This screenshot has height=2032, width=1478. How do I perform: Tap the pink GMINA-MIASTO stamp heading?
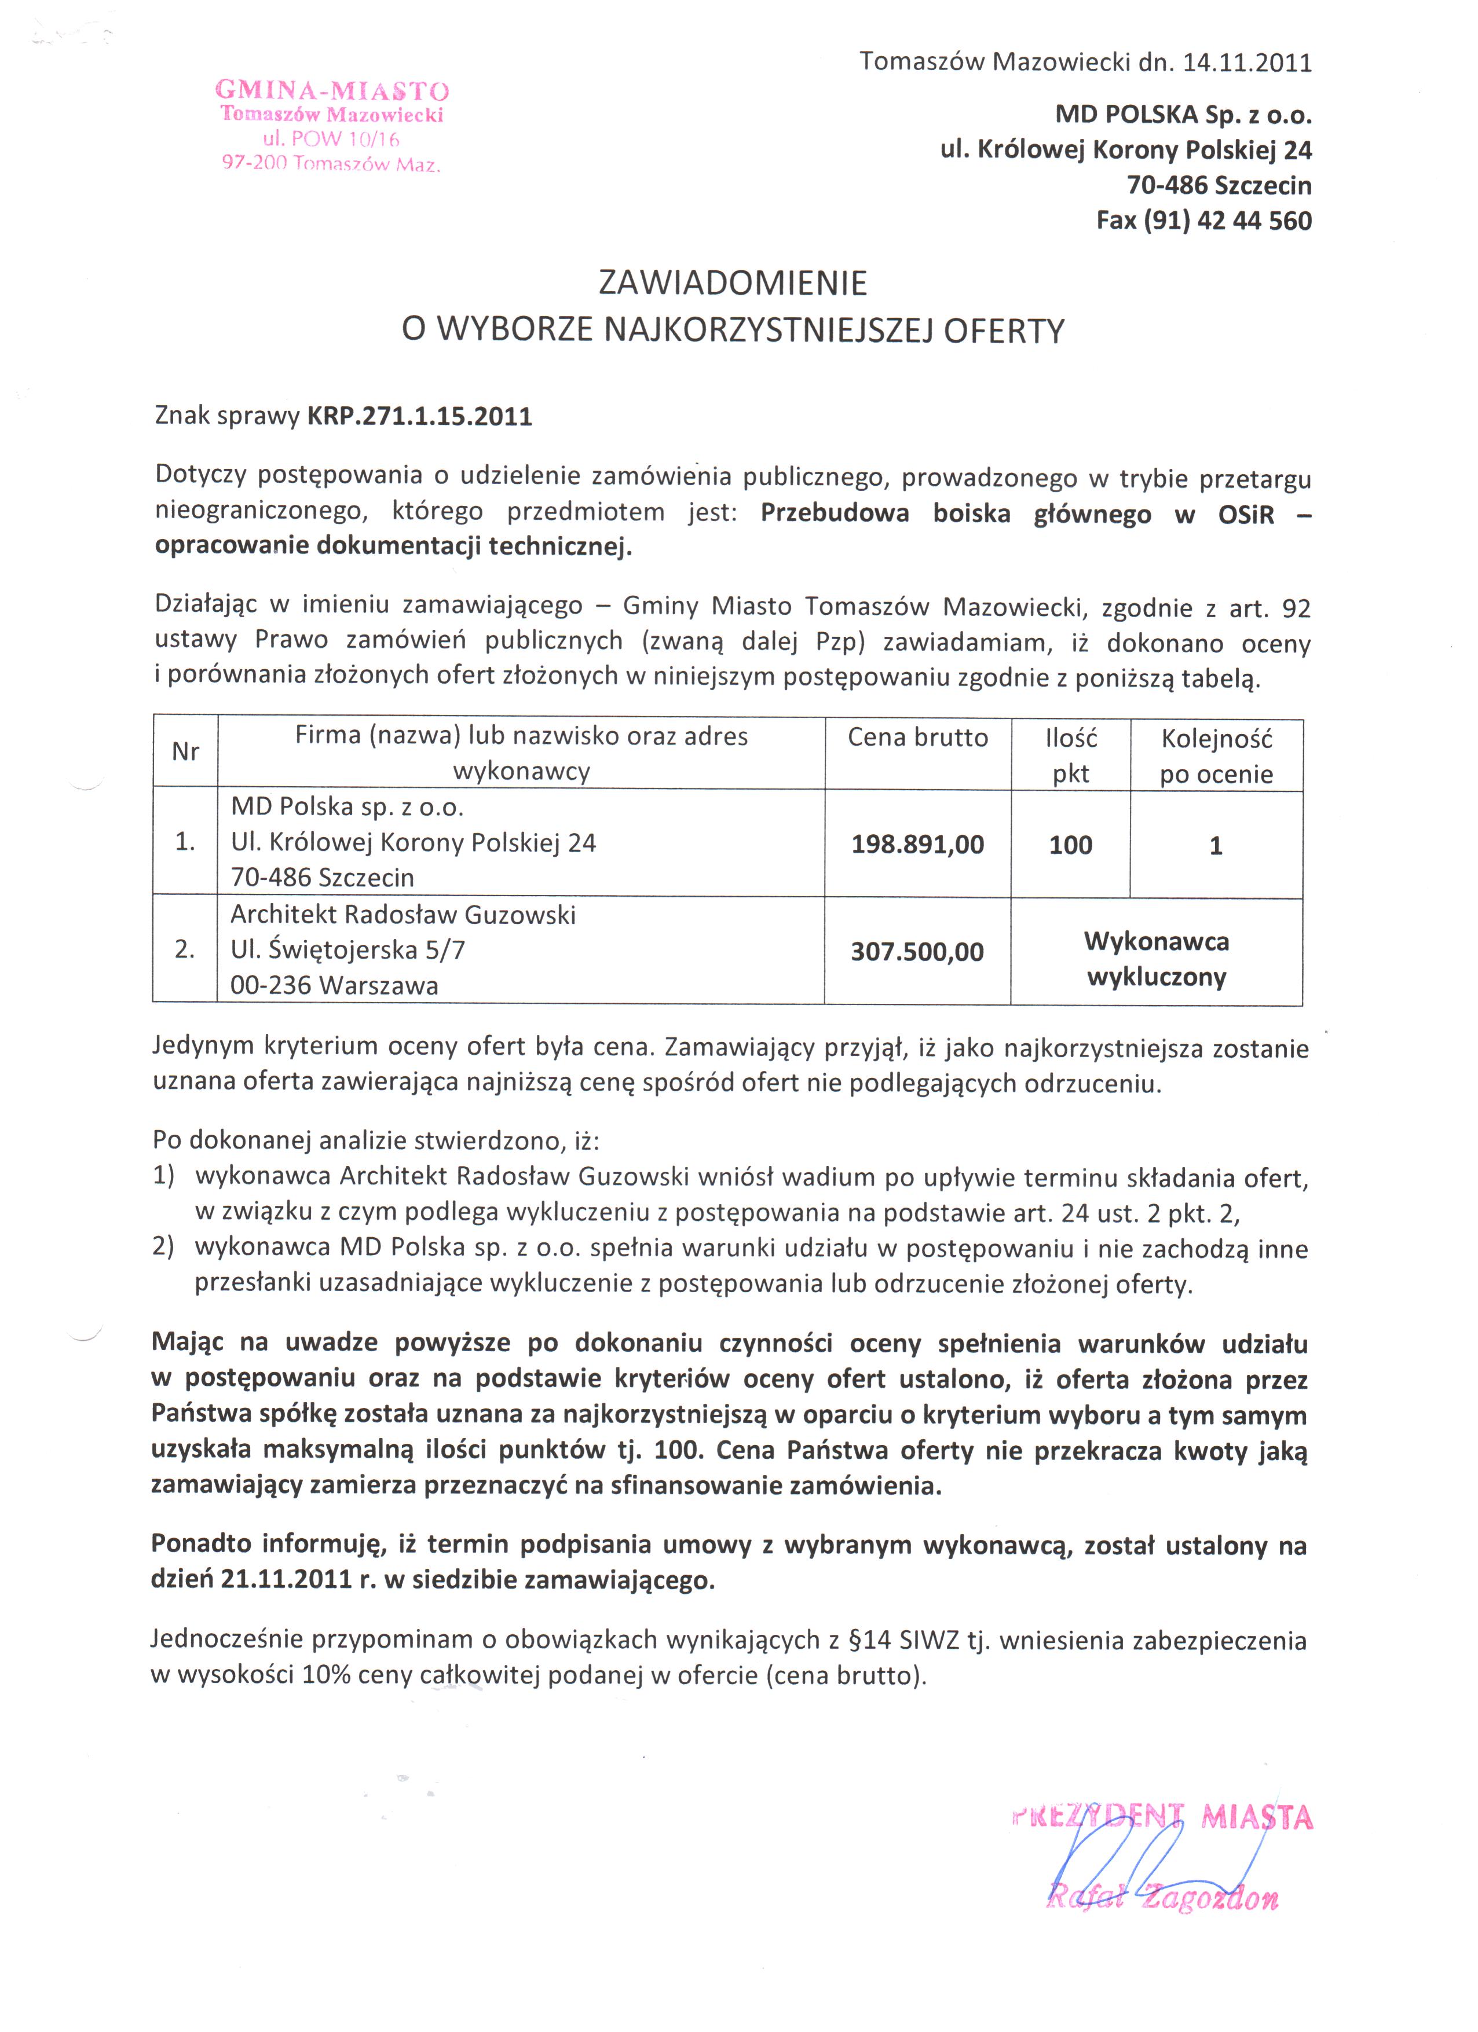click(332, 90)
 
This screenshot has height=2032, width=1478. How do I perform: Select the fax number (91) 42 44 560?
click(1227, 221)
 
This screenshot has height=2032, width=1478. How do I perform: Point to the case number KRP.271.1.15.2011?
click(419, 417)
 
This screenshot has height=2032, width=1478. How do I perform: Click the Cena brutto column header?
click(918, 738)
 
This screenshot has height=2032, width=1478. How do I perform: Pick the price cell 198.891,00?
click(918, 844)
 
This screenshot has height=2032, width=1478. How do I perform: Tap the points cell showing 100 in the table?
click(1070, 845)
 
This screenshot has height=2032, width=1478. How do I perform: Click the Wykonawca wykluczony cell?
click(1156, 959)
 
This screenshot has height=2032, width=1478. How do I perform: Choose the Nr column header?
click(185, 751)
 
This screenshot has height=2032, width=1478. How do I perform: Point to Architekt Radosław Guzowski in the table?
click(403, 915)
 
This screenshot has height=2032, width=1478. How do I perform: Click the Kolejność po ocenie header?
click(1216, 756)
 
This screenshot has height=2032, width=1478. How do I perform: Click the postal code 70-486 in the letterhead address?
click(1168, 185)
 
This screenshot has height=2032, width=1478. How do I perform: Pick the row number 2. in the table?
click(185, 949)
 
